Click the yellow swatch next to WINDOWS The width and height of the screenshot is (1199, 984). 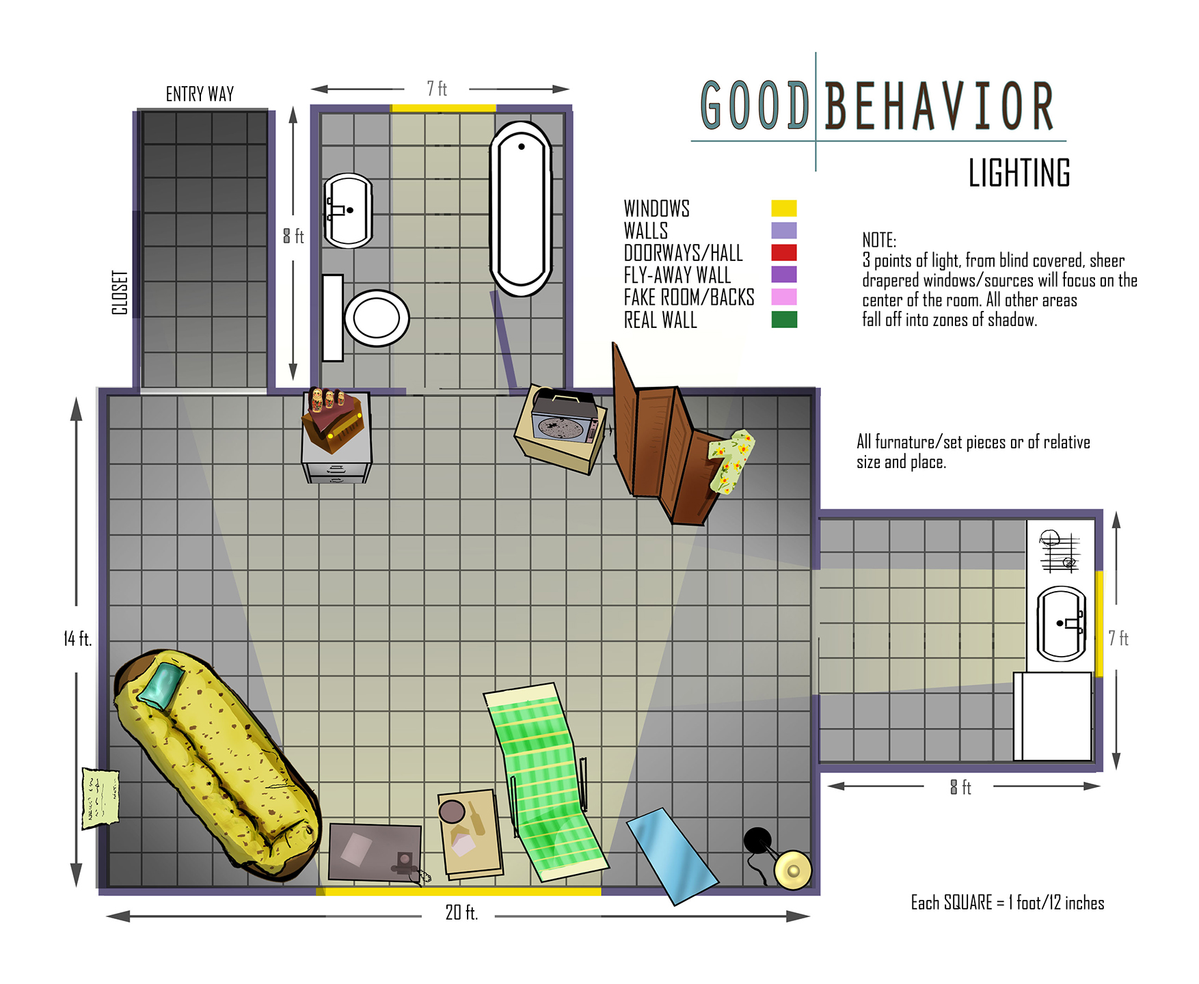tap(784, 208)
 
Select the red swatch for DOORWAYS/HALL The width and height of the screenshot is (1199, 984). tap(784, 253)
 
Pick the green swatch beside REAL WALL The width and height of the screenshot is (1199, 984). tap(784, 319)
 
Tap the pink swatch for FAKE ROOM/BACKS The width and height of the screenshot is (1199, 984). tap(784, 297)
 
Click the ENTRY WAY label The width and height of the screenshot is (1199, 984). tap(200, 94)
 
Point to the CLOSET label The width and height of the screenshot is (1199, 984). tap(120, 292)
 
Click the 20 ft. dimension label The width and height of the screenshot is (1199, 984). tap(461, 912)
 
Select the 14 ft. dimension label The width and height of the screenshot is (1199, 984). tap(77, 639)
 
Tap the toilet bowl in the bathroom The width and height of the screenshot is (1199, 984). tap(377, 318)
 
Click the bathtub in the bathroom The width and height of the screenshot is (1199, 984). tap(521, 208)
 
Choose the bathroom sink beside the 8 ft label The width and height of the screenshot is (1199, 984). tap(348, 210)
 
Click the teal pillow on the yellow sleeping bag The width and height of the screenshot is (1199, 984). tap(161, 685)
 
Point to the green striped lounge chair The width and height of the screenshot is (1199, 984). tap(547, 782)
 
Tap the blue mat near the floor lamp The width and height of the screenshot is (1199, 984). tap(673, 856)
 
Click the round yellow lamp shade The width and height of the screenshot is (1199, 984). tap(793, 870)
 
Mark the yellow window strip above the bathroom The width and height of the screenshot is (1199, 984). tap(443, 108)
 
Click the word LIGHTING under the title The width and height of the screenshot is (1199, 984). tap(1019, 173)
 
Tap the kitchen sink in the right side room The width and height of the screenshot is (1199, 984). tap(1062, 623)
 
